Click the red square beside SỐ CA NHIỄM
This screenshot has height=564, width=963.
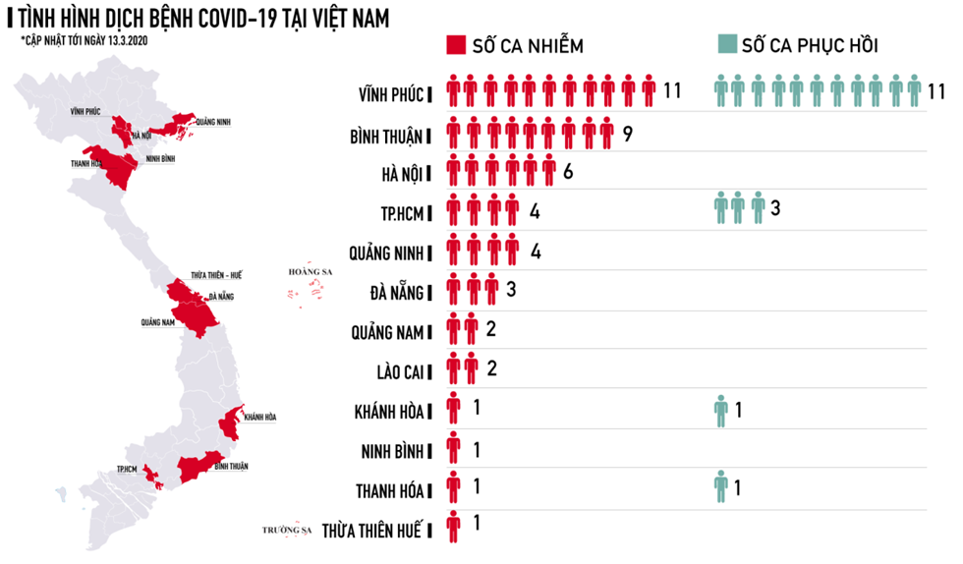coord(455,45)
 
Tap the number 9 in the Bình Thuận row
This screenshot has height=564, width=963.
coord(627,132)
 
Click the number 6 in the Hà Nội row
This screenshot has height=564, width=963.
coord(568,172)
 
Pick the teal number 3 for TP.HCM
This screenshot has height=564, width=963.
coord(776,208)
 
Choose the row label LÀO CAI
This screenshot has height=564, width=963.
coord(391,371)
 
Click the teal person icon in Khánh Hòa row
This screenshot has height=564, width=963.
coord(721,410)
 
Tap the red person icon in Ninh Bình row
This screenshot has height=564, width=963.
coord(453,449)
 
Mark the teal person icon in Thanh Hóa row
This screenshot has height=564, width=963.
coord(721,486)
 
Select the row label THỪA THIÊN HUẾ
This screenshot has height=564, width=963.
coord(371,530)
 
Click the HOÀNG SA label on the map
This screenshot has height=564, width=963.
coord(305,272)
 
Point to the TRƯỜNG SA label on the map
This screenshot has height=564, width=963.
coord(286,530)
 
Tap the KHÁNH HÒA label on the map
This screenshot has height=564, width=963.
coord(259,417)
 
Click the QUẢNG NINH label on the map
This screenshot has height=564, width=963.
coord(213,122)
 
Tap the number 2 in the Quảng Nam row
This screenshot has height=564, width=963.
coord(490,328)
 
